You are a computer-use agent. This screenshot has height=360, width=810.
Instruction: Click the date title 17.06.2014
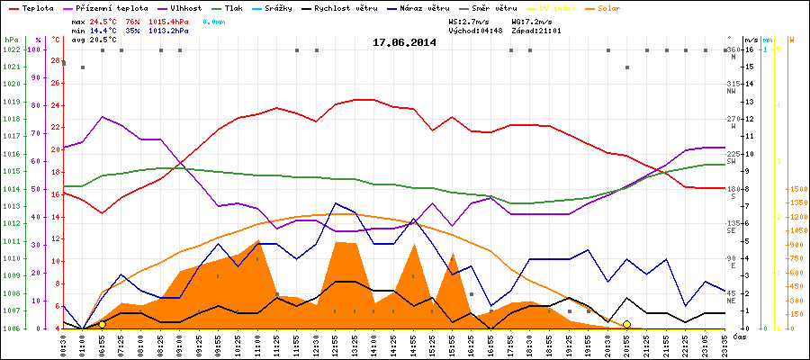click(x=404, y=41)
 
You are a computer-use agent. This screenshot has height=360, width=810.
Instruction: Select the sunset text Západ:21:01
click(x=535, y=30)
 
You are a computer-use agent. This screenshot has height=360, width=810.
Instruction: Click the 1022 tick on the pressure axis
click(x=12, y=49)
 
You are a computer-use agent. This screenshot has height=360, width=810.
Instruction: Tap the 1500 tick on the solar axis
click(x=797, y=190)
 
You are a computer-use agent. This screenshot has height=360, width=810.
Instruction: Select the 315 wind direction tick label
click(x=736, y=84)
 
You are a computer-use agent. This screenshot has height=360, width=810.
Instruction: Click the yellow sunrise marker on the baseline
click(x=102, y=324)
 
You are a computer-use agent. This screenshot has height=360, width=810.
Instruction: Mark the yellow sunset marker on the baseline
click(x=626, y=324)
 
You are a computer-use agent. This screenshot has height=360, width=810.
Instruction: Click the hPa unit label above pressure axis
click(x=10, y=40)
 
